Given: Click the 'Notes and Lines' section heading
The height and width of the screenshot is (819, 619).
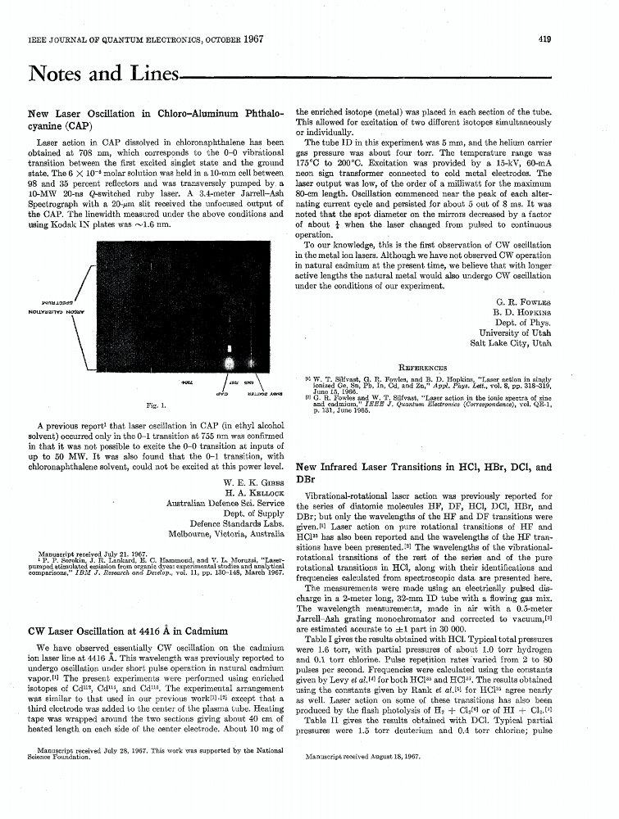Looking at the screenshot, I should tap(103, 75).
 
